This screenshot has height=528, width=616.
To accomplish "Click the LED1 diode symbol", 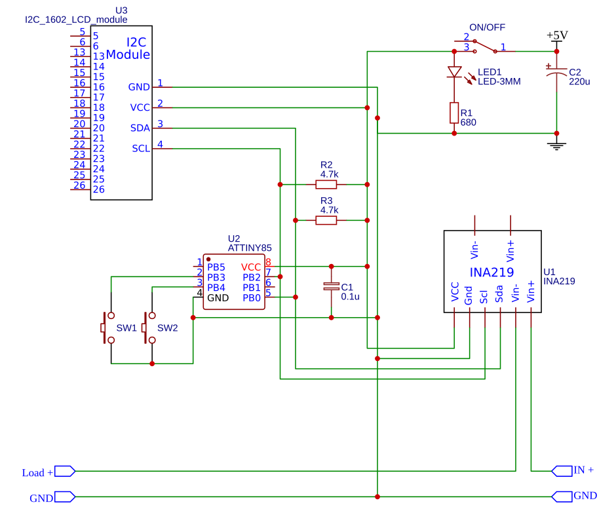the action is point(455,72).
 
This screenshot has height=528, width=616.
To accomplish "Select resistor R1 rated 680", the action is point(454,113).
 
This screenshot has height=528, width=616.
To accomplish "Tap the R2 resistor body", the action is point(326,184).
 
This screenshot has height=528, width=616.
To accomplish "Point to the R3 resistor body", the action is point(326,220).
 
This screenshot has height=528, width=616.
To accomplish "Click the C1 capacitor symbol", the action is point(331,286).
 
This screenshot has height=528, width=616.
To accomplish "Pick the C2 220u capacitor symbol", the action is point(556,71).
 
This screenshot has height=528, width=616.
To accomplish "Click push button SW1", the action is point(107,328).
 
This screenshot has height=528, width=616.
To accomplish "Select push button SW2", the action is point(149,328).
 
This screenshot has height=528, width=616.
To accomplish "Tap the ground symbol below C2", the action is point(556,146).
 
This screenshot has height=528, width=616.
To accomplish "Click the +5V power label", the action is point(557,35).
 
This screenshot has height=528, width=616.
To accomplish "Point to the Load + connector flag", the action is point(65,471).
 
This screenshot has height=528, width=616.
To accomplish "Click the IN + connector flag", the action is point(562,471).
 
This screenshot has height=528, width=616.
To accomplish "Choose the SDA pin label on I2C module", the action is point(140,128).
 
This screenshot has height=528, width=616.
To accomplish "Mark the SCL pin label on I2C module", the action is point(141,149).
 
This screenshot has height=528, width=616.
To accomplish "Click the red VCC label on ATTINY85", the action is point(250,267).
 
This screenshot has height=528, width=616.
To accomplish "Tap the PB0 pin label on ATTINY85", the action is point(252,298).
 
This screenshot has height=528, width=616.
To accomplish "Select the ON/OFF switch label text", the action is point(487,28).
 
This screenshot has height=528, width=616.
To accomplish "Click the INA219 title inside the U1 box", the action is point(492,272).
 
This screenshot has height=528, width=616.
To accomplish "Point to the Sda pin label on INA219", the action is point(499,294).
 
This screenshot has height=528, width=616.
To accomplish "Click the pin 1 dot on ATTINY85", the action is point(208,259).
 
